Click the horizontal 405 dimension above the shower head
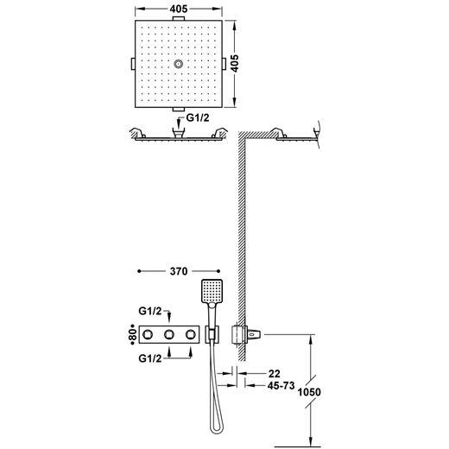point(179,9)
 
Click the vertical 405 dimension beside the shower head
point(235,63)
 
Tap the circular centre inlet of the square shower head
point(179,64)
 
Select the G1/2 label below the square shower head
point(198,117)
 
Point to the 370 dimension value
point(179,271)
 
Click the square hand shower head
point(212,291)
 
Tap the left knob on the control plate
point(147,334)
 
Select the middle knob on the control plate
point(169,334)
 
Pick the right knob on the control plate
point(191,334)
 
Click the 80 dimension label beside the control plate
point(132,334)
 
